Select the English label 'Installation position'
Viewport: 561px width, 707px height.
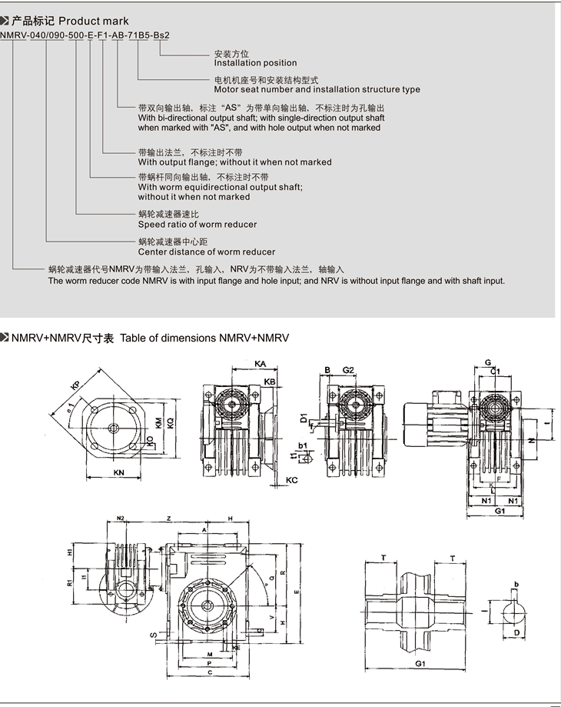coord(255,63)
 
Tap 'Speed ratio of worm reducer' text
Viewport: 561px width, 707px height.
coord(198,225)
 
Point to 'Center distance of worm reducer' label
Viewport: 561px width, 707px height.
coord(207,252)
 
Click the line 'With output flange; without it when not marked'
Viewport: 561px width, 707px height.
coord(235,162)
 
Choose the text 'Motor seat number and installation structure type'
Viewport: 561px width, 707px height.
coord(317,89)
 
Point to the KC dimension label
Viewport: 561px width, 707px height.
coord(291,480)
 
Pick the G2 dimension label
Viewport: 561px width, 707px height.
coord(348,371)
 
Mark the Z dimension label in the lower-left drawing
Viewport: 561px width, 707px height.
coord(168,519)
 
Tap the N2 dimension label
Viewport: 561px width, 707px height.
coord(120,519)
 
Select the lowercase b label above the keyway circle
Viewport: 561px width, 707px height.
coord(516,585)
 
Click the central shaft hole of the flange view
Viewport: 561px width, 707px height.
coord(113,429)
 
